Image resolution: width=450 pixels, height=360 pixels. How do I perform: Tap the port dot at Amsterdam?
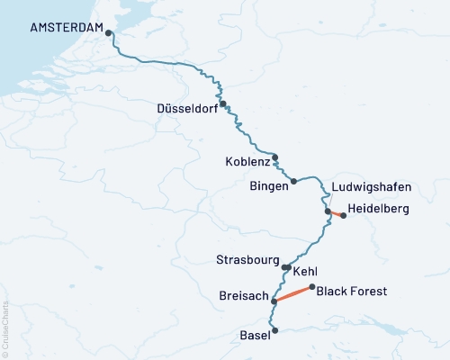coord(109,33)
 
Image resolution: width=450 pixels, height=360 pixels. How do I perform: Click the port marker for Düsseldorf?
coord(222,103)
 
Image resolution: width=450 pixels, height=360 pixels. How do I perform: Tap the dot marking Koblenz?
coord(275,156)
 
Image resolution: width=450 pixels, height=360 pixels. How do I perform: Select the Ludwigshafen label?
coord(371,187)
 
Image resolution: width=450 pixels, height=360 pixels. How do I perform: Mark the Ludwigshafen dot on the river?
coord(328,211)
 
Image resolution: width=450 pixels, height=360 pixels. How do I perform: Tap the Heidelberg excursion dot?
coord(343,215)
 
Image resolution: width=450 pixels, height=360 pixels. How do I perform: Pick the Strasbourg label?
coord(247,260)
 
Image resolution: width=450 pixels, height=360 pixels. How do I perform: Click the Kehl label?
coord(305,270)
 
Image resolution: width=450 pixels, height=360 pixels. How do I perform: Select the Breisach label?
coord(241,294)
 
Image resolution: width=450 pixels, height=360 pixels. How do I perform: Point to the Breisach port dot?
coord(274,301)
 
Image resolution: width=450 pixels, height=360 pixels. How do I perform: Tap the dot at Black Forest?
coord(311,288)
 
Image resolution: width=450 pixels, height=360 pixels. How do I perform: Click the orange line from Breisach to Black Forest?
coord(293,294)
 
